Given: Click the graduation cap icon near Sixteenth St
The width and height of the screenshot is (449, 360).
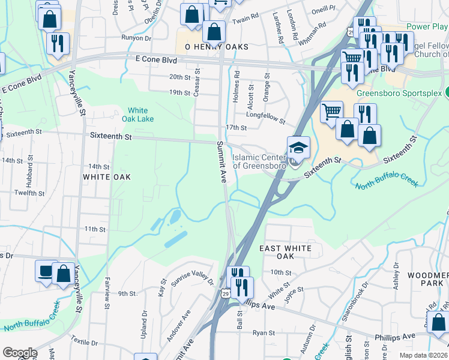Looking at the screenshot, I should pos(298,146).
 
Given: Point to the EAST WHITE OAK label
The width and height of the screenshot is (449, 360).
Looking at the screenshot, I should pos(285,252).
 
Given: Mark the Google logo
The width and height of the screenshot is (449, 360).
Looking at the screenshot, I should pos(20,353).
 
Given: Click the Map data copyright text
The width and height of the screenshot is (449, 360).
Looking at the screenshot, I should pos(422,356).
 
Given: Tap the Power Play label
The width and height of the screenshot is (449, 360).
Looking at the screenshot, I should pos(427,27).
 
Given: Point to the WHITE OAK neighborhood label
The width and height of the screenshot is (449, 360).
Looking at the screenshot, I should pos(107,177).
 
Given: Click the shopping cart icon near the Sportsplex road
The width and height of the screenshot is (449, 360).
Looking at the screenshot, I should pos(332,112).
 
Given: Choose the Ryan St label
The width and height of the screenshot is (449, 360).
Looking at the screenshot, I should pos(264,332).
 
